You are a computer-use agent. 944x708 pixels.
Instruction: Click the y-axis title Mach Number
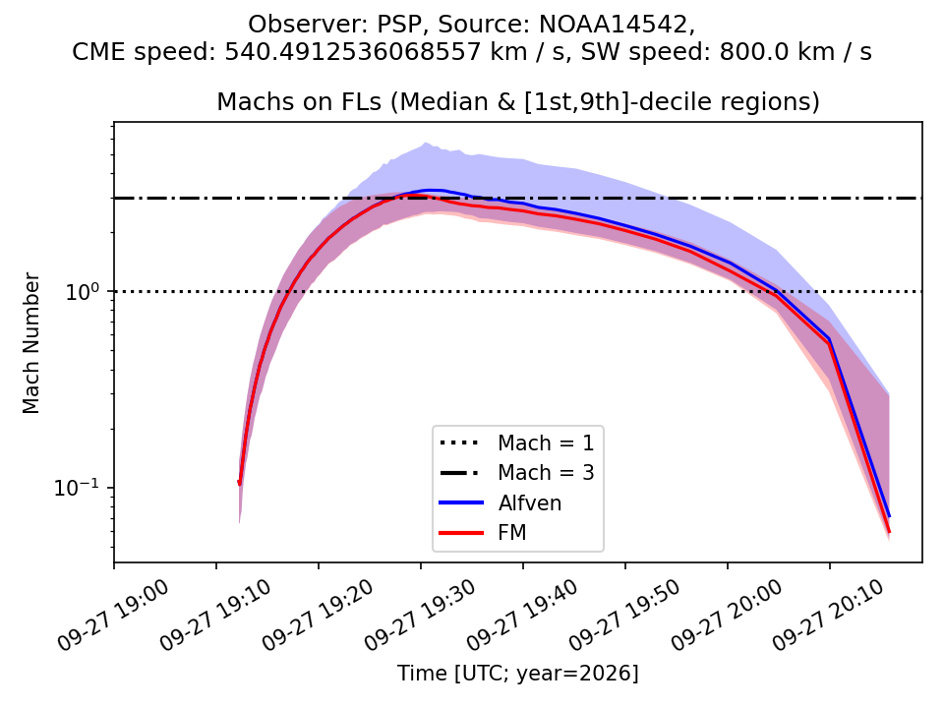click(31, 343)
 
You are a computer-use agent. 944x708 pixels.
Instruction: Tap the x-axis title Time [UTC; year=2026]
click(518, 673)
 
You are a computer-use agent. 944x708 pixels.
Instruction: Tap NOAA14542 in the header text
click(613, 25)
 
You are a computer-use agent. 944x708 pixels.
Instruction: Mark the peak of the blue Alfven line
click(434, 190)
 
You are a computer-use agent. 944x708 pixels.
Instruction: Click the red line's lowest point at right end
click(889, 532)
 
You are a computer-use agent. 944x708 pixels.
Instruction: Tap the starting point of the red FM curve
click(240, 483)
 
